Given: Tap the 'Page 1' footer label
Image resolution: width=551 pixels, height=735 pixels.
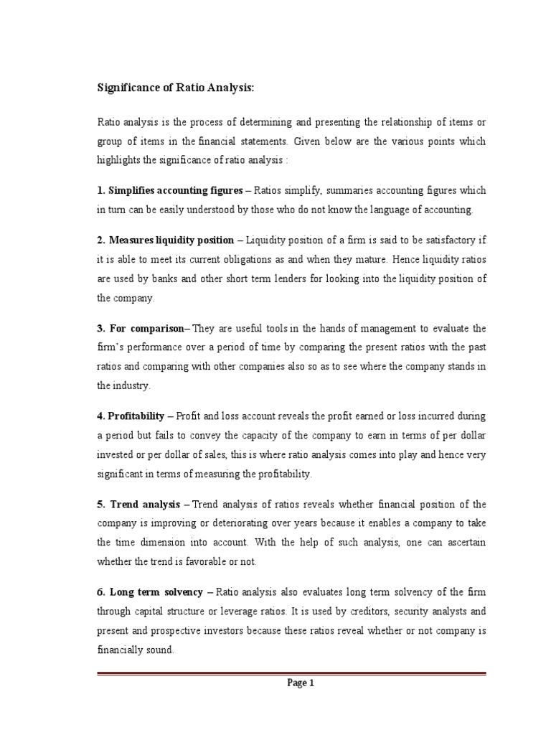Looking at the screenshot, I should click(301, 683).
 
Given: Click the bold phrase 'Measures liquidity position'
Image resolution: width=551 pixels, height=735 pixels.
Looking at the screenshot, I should click(171, 240).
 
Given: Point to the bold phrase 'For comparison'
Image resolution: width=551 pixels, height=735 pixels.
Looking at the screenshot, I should click(147, 328).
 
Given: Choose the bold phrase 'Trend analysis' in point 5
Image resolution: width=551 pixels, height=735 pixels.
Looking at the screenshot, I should click(144, 505).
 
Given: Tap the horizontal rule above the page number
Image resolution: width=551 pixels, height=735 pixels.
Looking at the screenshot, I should click(291, 673).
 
